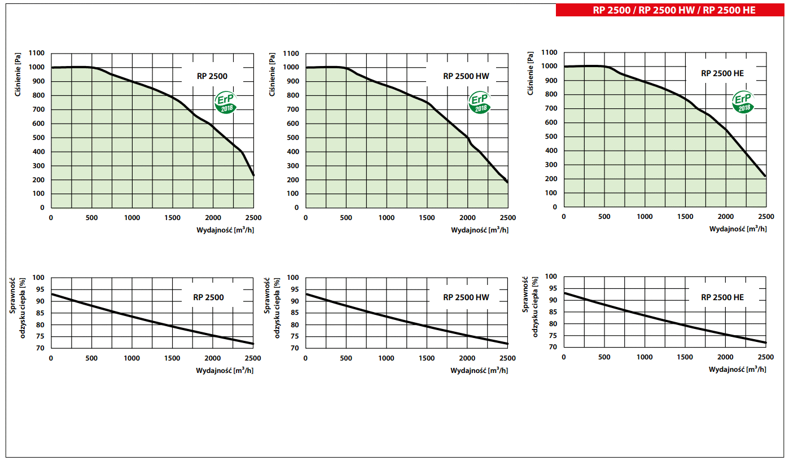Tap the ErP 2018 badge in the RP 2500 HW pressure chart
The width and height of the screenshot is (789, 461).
click(x=480, y=103)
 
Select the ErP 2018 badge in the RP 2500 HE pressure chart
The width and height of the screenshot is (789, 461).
click(x=743, y=102)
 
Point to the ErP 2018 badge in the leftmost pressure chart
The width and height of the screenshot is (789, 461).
click(x=225, y=103)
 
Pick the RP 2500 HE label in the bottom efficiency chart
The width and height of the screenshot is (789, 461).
click(x=722, y=297)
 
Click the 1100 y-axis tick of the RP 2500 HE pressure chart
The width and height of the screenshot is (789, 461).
click(x=549, y=52)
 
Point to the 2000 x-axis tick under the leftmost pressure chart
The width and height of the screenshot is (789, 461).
click(x=213, y=218)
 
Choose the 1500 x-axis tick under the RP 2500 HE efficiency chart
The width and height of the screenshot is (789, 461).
click(x=685, y=357)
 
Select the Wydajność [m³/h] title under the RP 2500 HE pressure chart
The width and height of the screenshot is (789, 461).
click(x=738, y=229)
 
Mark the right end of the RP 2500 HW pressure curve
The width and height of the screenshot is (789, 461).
click(x=507, y=182)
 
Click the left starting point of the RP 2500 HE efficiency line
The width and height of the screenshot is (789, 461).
click(x=564, y=293)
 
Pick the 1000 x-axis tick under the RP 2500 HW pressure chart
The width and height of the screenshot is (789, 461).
click(x=386, y=218)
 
